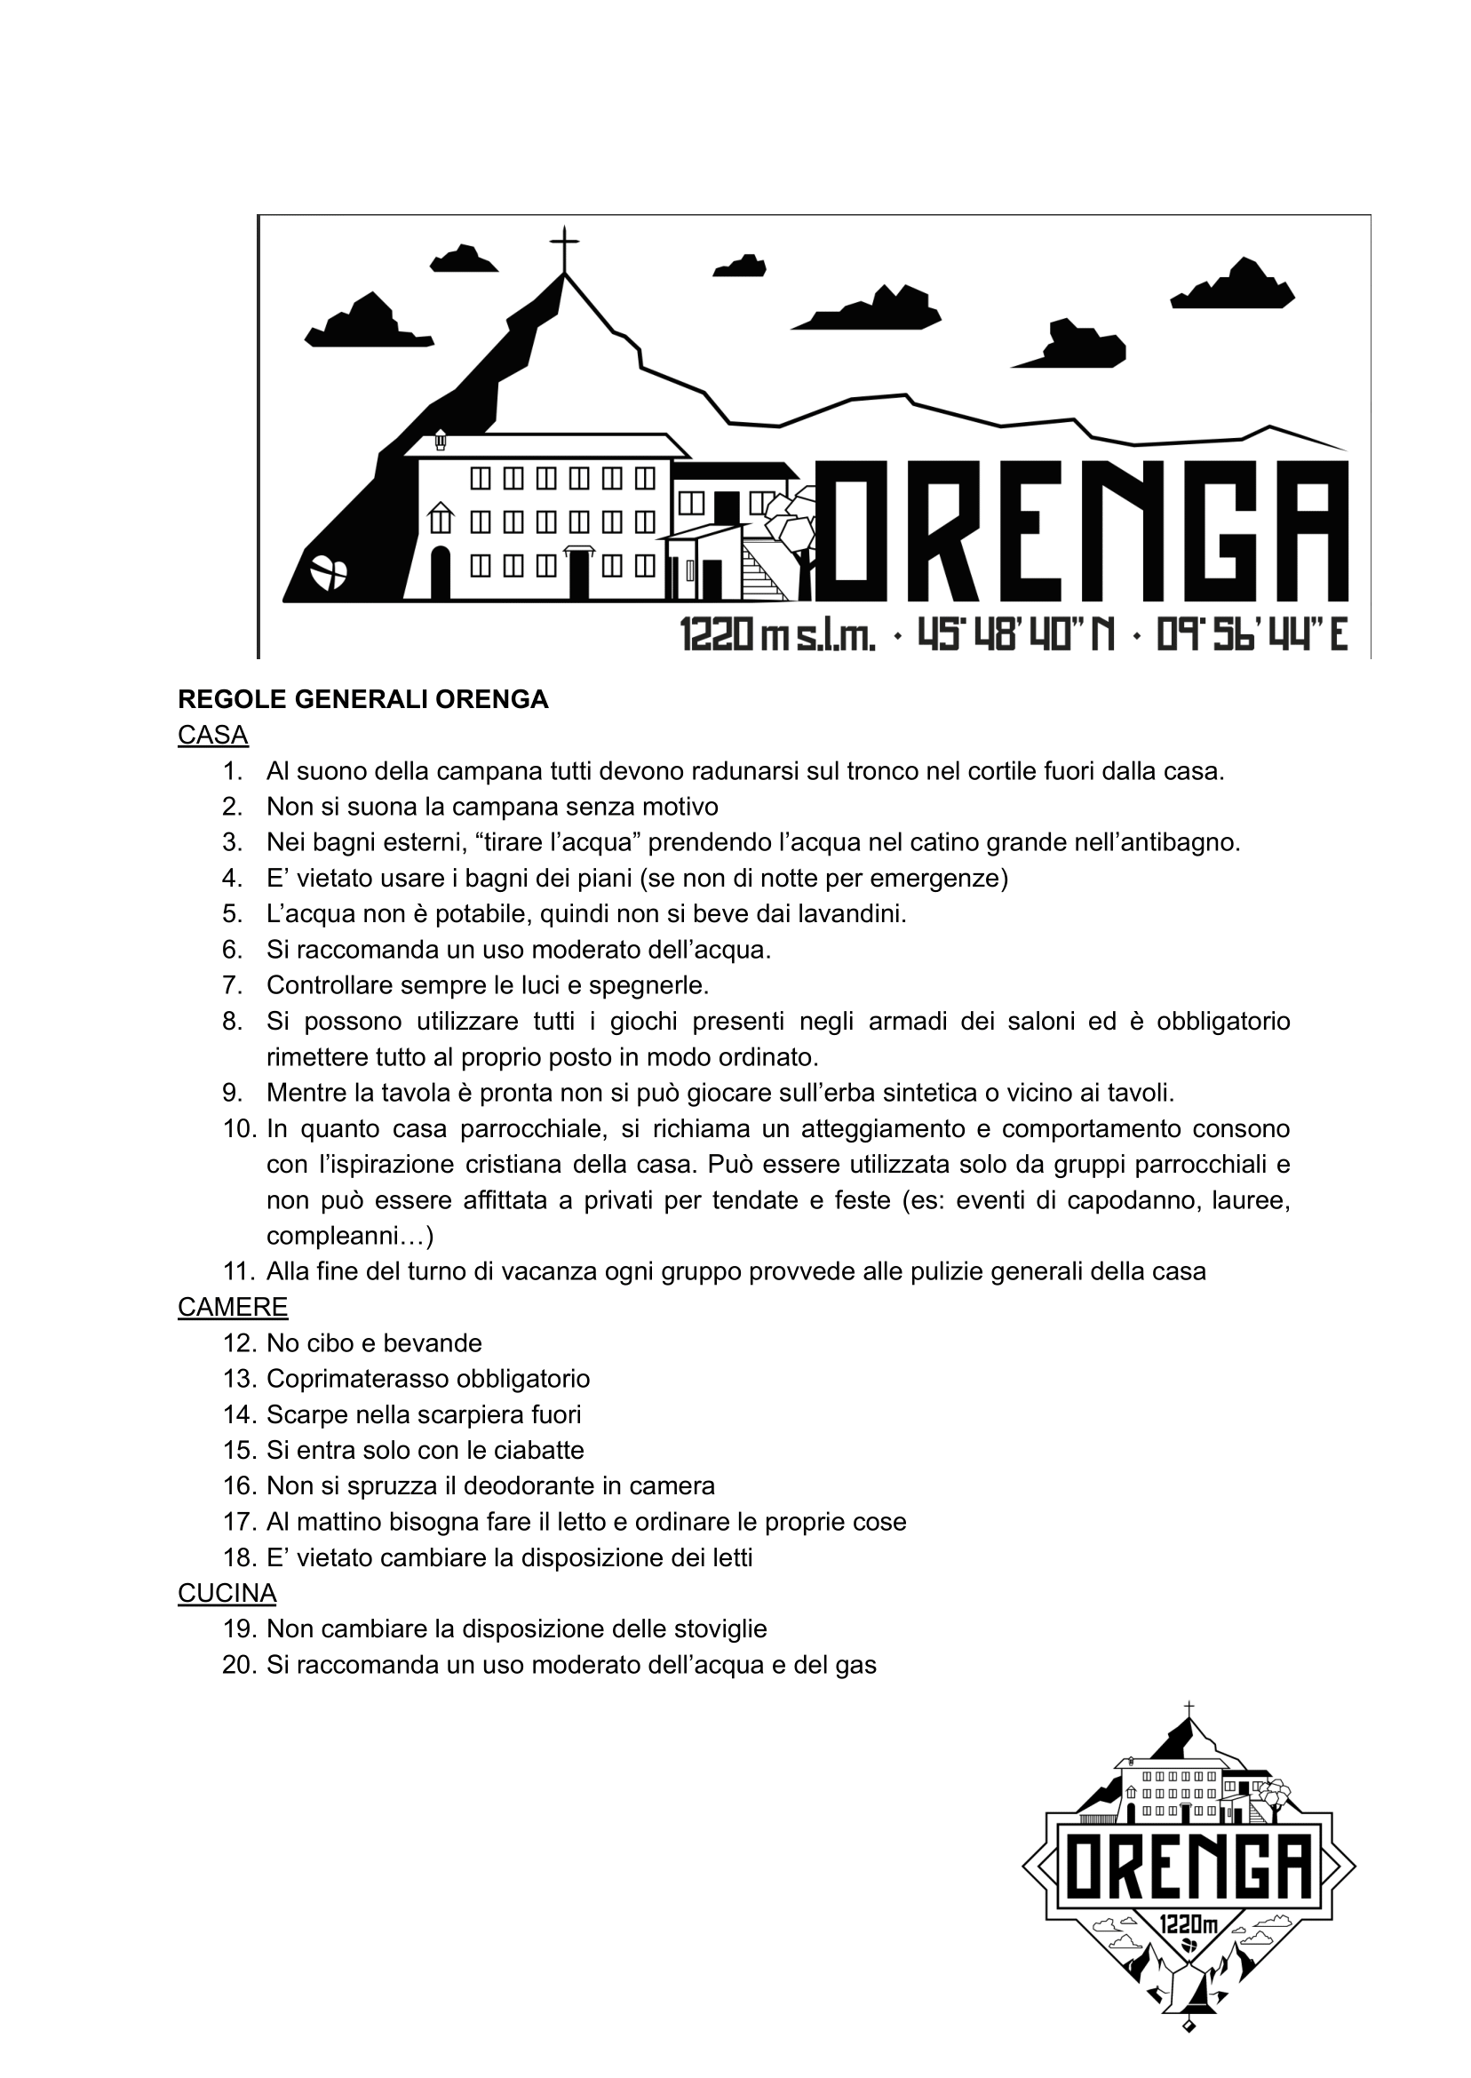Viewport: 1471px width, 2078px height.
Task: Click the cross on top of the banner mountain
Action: [564, 247]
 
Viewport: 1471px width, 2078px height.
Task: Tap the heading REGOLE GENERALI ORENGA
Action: [363, 699]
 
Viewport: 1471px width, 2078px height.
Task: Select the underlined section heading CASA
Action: [213, 735]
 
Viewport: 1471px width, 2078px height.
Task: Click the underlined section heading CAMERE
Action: [233, 1307]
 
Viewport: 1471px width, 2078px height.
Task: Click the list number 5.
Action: [233, 914]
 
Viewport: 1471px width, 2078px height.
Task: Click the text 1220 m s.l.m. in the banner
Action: [777, 637]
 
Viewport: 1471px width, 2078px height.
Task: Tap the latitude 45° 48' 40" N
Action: [1015, 635]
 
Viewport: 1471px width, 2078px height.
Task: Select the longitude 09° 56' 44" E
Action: [1252, 635]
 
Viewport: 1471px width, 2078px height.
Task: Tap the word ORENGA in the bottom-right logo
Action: [1189, 1866]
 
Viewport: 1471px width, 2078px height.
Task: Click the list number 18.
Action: [240, 1557]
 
